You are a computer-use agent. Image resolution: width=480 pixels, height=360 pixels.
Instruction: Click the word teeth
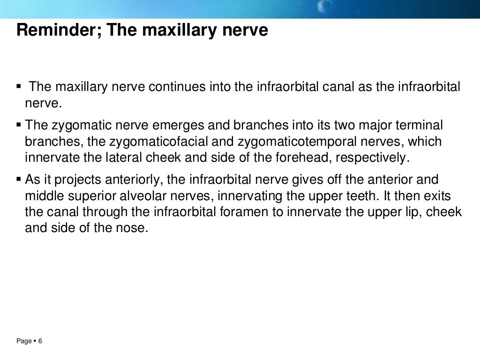click(352, 196)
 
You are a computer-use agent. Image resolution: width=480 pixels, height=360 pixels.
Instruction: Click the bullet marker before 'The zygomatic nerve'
click(19, 125)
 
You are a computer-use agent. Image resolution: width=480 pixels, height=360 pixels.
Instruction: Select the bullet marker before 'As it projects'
click(19, 180)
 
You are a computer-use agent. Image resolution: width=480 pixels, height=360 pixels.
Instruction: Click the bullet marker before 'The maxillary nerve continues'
click(19, 87)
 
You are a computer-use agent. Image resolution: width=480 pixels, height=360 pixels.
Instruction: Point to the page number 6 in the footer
click(40, 341)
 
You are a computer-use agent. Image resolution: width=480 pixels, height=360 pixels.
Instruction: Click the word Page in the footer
click(24, 341)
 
